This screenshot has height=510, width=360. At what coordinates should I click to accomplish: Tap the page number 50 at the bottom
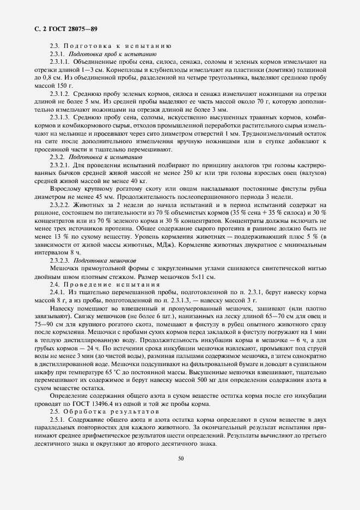tap(180, 458)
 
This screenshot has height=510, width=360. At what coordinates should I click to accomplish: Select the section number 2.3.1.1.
tap(60, 63)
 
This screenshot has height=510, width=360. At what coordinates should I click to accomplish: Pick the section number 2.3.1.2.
tap(60, 94)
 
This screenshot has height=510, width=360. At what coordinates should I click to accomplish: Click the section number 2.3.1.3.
tap(60, 118)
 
